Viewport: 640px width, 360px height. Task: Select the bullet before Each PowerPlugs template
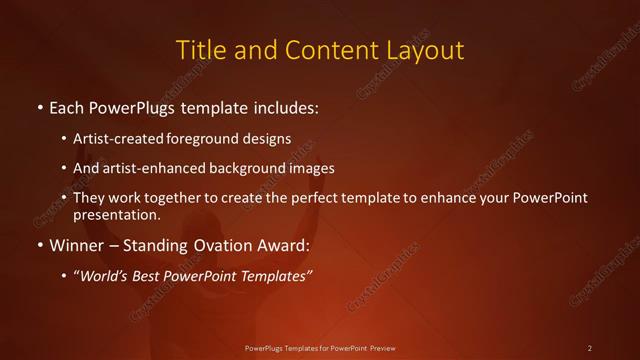[x=39, y=106]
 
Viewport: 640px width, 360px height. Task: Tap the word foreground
[x=210, y=140]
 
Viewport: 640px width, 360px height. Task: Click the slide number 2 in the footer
[x=590, y=348]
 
